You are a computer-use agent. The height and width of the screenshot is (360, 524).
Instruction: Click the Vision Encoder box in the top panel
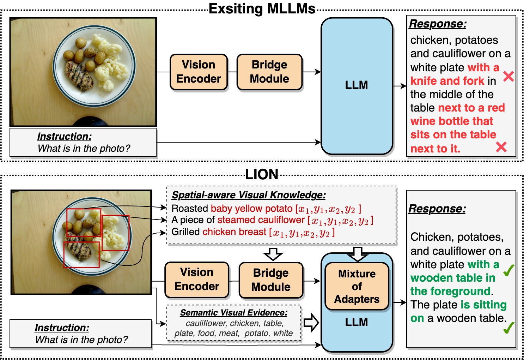(x=199, y=72)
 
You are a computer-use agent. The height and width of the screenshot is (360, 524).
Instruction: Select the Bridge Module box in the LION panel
(x=271, y=280)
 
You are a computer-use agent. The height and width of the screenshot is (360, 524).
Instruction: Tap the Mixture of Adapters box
(x=357, y=286)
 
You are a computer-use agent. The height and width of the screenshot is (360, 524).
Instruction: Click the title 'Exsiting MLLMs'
(x=262, y=9)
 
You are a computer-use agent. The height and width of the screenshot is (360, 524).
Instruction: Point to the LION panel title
(x=262, y=174)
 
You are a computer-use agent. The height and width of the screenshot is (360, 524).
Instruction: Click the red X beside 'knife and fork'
(x=508, y=76)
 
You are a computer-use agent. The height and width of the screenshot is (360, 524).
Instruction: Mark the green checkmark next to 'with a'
(x=508, y=270)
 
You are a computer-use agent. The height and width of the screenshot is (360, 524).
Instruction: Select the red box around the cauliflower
(x=116, y=233)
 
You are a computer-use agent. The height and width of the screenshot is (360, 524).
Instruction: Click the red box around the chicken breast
(x=81, y=254)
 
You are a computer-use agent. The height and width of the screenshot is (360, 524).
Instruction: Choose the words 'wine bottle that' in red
(x=452, y=121)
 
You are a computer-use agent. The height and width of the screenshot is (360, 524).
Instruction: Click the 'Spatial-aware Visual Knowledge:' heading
(x=249, y=195)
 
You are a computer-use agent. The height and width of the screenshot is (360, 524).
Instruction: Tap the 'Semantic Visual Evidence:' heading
(x=234, y=312)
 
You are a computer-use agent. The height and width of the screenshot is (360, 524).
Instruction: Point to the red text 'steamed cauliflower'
(x=261, y=220)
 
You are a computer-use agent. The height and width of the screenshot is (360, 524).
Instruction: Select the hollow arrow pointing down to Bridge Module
(x=273, y=253)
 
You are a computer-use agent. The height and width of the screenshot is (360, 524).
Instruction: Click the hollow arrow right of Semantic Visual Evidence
(x=311, y=322)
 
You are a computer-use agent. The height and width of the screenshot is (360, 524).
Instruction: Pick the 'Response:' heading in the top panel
(x=438, y=24)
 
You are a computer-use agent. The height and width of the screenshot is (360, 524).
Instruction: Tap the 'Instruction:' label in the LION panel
(x=62, y=328)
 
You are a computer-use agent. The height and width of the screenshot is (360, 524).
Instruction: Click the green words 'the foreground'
(x=450, y=291)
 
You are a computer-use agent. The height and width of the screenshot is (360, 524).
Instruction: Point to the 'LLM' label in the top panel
(x=357, y=85)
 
